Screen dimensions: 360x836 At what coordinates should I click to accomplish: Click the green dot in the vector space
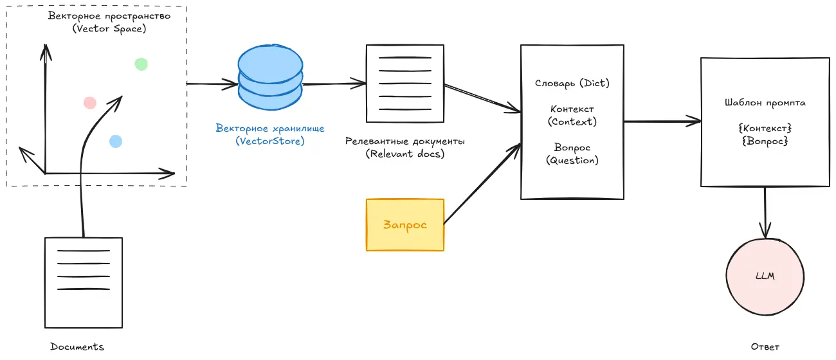(x=141, y=64)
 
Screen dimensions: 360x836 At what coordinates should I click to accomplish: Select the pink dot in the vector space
(x=90, y=102)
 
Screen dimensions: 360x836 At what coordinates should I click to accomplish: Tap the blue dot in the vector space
(x=116, y=141)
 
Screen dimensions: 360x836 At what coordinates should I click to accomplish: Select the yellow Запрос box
(x=405, y=224)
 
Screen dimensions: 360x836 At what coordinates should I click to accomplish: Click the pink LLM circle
(x=765, y=276)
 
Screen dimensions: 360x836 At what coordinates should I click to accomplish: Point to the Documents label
(x=77, y=346)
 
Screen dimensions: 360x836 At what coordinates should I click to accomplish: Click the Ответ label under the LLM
(x=765, y=346)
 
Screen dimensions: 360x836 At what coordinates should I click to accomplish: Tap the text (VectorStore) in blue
(x=270, y=141)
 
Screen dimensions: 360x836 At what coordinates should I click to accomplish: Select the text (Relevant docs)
(x=405, y=154)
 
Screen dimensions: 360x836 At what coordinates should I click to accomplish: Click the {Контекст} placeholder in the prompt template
(x=765, y=128)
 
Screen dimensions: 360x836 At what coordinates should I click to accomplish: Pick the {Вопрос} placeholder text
(x=765, y=140)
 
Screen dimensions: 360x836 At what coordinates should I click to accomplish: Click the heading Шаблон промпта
(x=765, y=102)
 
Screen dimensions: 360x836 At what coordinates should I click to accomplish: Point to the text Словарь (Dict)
(x=572, y=83)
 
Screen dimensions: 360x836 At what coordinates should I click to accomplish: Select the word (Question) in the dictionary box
(x=572, y=160)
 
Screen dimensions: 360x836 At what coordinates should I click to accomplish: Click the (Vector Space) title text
(x=109, y=28)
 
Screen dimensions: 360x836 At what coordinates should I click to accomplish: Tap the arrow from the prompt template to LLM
(x=765, y=212)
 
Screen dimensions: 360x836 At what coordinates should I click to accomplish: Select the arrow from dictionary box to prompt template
(x=662, y=120)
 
